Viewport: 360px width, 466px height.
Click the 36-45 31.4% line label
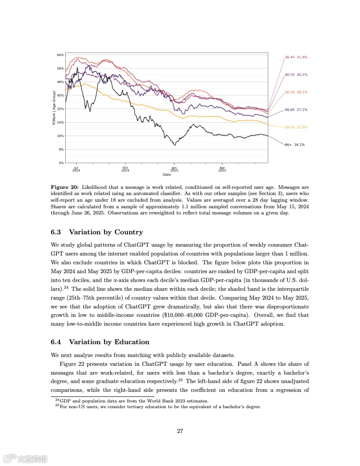click(x=296, y=57)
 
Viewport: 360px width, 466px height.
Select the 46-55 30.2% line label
click(x=296, y=75)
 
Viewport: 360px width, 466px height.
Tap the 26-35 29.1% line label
click(x=296, y=92)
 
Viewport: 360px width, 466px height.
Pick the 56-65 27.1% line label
click(x=296, y=109)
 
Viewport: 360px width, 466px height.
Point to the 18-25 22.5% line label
click(x=296, y=127)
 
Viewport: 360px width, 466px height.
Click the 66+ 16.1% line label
click(x=295, y=144)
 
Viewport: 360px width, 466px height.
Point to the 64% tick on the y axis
click(x=60, y=55)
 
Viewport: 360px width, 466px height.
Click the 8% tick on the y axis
click(x=61, y=149)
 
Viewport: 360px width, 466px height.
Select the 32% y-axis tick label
click(x=60, y=109)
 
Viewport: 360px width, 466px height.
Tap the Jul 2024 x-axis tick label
click(x=76, y=169)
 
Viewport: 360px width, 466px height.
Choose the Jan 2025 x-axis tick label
click(x=174, y=169)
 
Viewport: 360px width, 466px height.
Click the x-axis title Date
click(x=167, y=175)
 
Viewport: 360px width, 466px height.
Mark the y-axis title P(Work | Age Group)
click(x=54, y=108)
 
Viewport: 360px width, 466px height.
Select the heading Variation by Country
click(x=106, y=232)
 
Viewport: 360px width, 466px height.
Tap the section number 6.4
click(x=56, y=342)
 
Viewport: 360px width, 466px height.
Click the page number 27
click(x=180, y=431)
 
